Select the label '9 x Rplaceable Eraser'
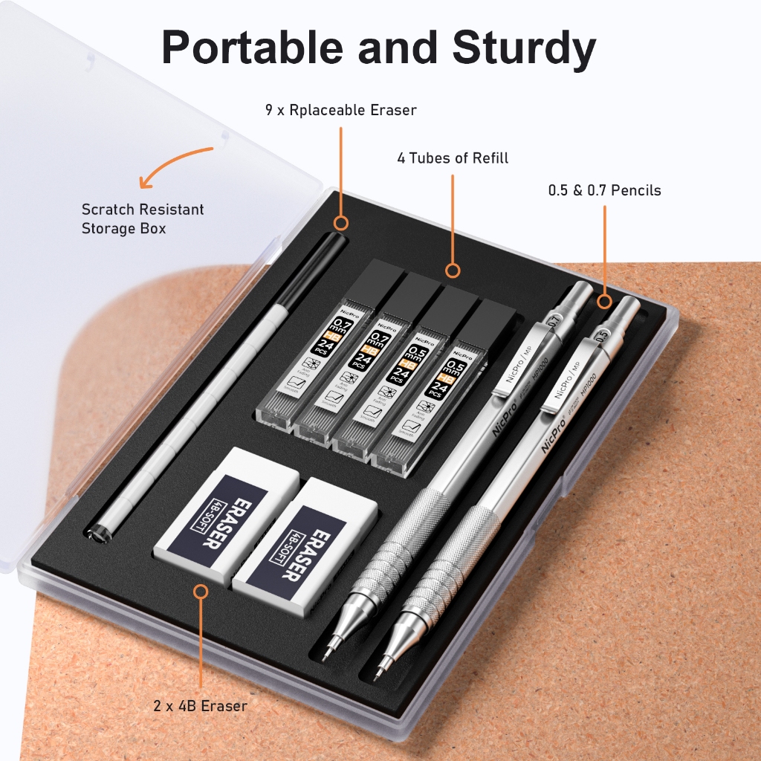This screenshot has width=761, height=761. [340, 110]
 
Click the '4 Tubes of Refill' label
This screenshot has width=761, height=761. [453, 158]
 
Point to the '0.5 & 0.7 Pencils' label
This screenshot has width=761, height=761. [604, 190]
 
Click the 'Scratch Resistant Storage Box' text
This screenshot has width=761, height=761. [143, 218]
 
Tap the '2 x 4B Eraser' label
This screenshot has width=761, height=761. [201, 705]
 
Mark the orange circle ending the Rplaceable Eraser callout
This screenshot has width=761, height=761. [341, 222]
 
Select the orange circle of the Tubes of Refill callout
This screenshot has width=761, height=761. [453, 271]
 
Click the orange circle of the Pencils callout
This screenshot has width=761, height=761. [604, 302]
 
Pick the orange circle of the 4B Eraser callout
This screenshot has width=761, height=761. [201, 592]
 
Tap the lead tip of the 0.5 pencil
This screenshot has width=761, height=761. [380, 673]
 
